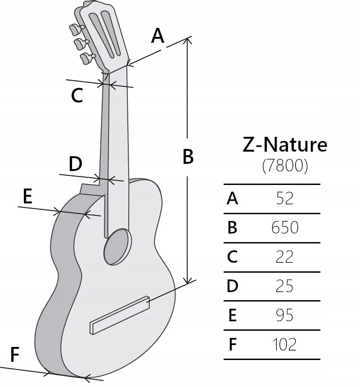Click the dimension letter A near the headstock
(x=157, y=36)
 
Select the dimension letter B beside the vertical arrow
(x=188, y=157)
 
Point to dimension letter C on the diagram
(x=77, y=95)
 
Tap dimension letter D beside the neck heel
(x=75, y=164)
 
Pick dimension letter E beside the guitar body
(x=27, y=197)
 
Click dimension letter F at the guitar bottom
(x=14, y=355)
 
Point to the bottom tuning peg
(x=86, y=58)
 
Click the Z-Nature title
(x=285, y=145)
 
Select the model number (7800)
(x=285, y=166)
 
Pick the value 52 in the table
(x=285, y=198)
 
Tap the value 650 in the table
(x=285, y=228)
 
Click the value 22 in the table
(x=285, y=257)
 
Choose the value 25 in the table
(x=285, y=286)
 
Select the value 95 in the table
(x=285, y=315)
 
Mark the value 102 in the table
(x=285, y=345)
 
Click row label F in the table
(x=232, y=345)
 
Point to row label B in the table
(x=232, y=228)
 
